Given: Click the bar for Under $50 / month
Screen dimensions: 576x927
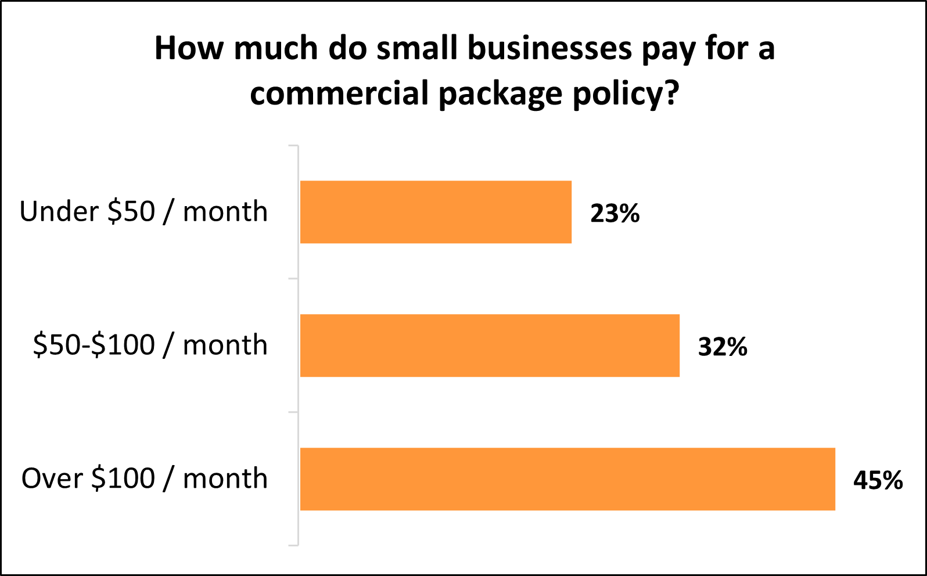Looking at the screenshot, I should coord(436,212).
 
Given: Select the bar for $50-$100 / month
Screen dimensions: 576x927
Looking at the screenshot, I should coord(490,345).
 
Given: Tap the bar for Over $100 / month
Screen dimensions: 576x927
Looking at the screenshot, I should coord(567,479).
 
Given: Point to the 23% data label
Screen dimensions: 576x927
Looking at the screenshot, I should coord(615,214).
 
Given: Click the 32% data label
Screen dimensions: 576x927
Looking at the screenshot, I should coord(723,347).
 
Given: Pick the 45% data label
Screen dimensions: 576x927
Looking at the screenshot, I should coord(878,481).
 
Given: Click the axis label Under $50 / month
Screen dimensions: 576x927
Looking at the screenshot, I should coord(143,212).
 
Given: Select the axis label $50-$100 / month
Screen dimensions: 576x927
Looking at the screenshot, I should coord(150,345).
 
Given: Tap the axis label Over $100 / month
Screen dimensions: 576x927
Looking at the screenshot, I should coord(145,479).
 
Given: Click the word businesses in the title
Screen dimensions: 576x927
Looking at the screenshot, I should coord(549,48).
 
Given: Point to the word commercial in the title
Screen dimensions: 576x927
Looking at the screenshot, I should coord(339,93).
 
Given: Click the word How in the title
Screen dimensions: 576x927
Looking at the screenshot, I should coord(189,48).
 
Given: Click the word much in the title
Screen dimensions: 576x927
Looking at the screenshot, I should coord(276,48).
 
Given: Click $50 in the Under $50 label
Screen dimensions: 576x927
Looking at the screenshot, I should coord(131,212).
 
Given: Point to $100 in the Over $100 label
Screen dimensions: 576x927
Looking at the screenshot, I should coord(123,479).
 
